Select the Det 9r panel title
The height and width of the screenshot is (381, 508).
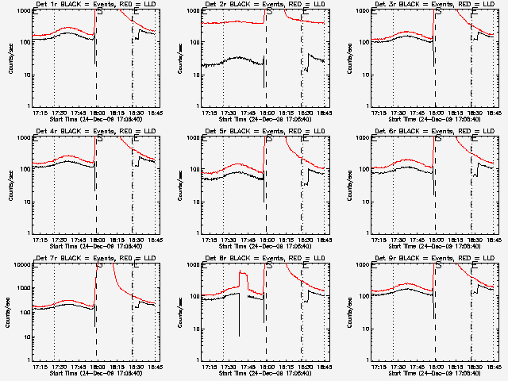coord(429,260)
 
